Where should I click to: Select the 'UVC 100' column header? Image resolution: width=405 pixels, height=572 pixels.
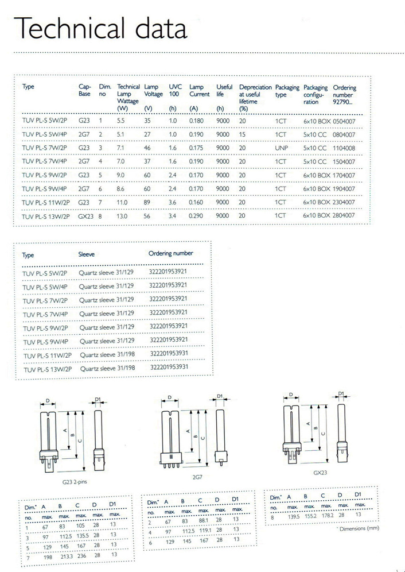point(175,90)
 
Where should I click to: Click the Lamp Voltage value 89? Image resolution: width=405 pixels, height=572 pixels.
point(148,202)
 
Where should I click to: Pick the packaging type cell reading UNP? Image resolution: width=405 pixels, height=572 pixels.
point(281,148)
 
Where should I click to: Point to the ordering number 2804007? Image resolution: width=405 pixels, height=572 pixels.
point(344,215)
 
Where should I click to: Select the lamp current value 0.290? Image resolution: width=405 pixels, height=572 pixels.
point(197,215)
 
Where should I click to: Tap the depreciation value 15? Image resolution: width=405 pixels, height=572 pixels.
point(242,134)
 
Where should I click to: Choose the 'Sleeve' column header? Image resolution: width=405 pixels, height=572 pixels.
point(87,254)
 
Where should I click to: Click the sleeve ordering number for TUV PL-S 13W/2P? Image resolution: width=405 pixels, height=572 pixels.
point(169,366)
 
